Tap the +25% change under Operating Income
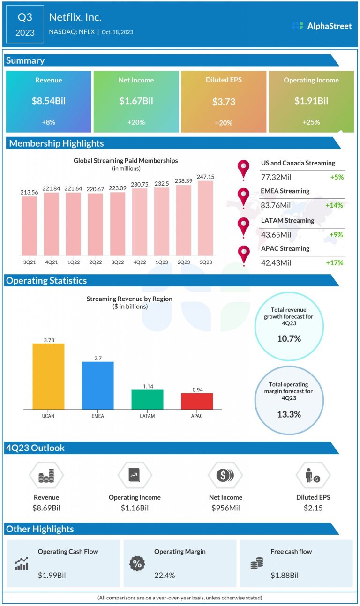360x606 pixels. (x=311, y=122)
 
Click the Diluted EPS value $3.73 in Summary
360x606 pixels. (x=224, y=102)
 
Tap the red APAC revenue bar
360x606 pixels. (x=197, y=401)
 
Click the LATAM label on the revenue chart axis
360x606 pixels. (x=147, y=416)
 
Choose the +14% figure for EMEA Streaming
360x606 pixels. (x=334, y=205)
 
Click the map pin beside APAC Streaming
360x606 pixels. (x=244, y=255)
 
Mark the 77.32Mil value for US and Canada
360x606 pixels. (x=276, y=177)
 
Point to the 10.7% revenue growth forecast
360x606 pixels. (x=289, y=338)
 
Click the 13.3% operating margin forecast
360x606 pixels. (x=289, y=414)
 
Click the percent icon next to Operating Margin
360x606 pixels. (x=137, y=563)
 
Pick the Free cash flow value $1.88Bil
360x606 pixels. (x=285, y=575)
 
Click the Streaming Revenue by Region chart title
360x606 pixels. (x=129, y=299)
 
